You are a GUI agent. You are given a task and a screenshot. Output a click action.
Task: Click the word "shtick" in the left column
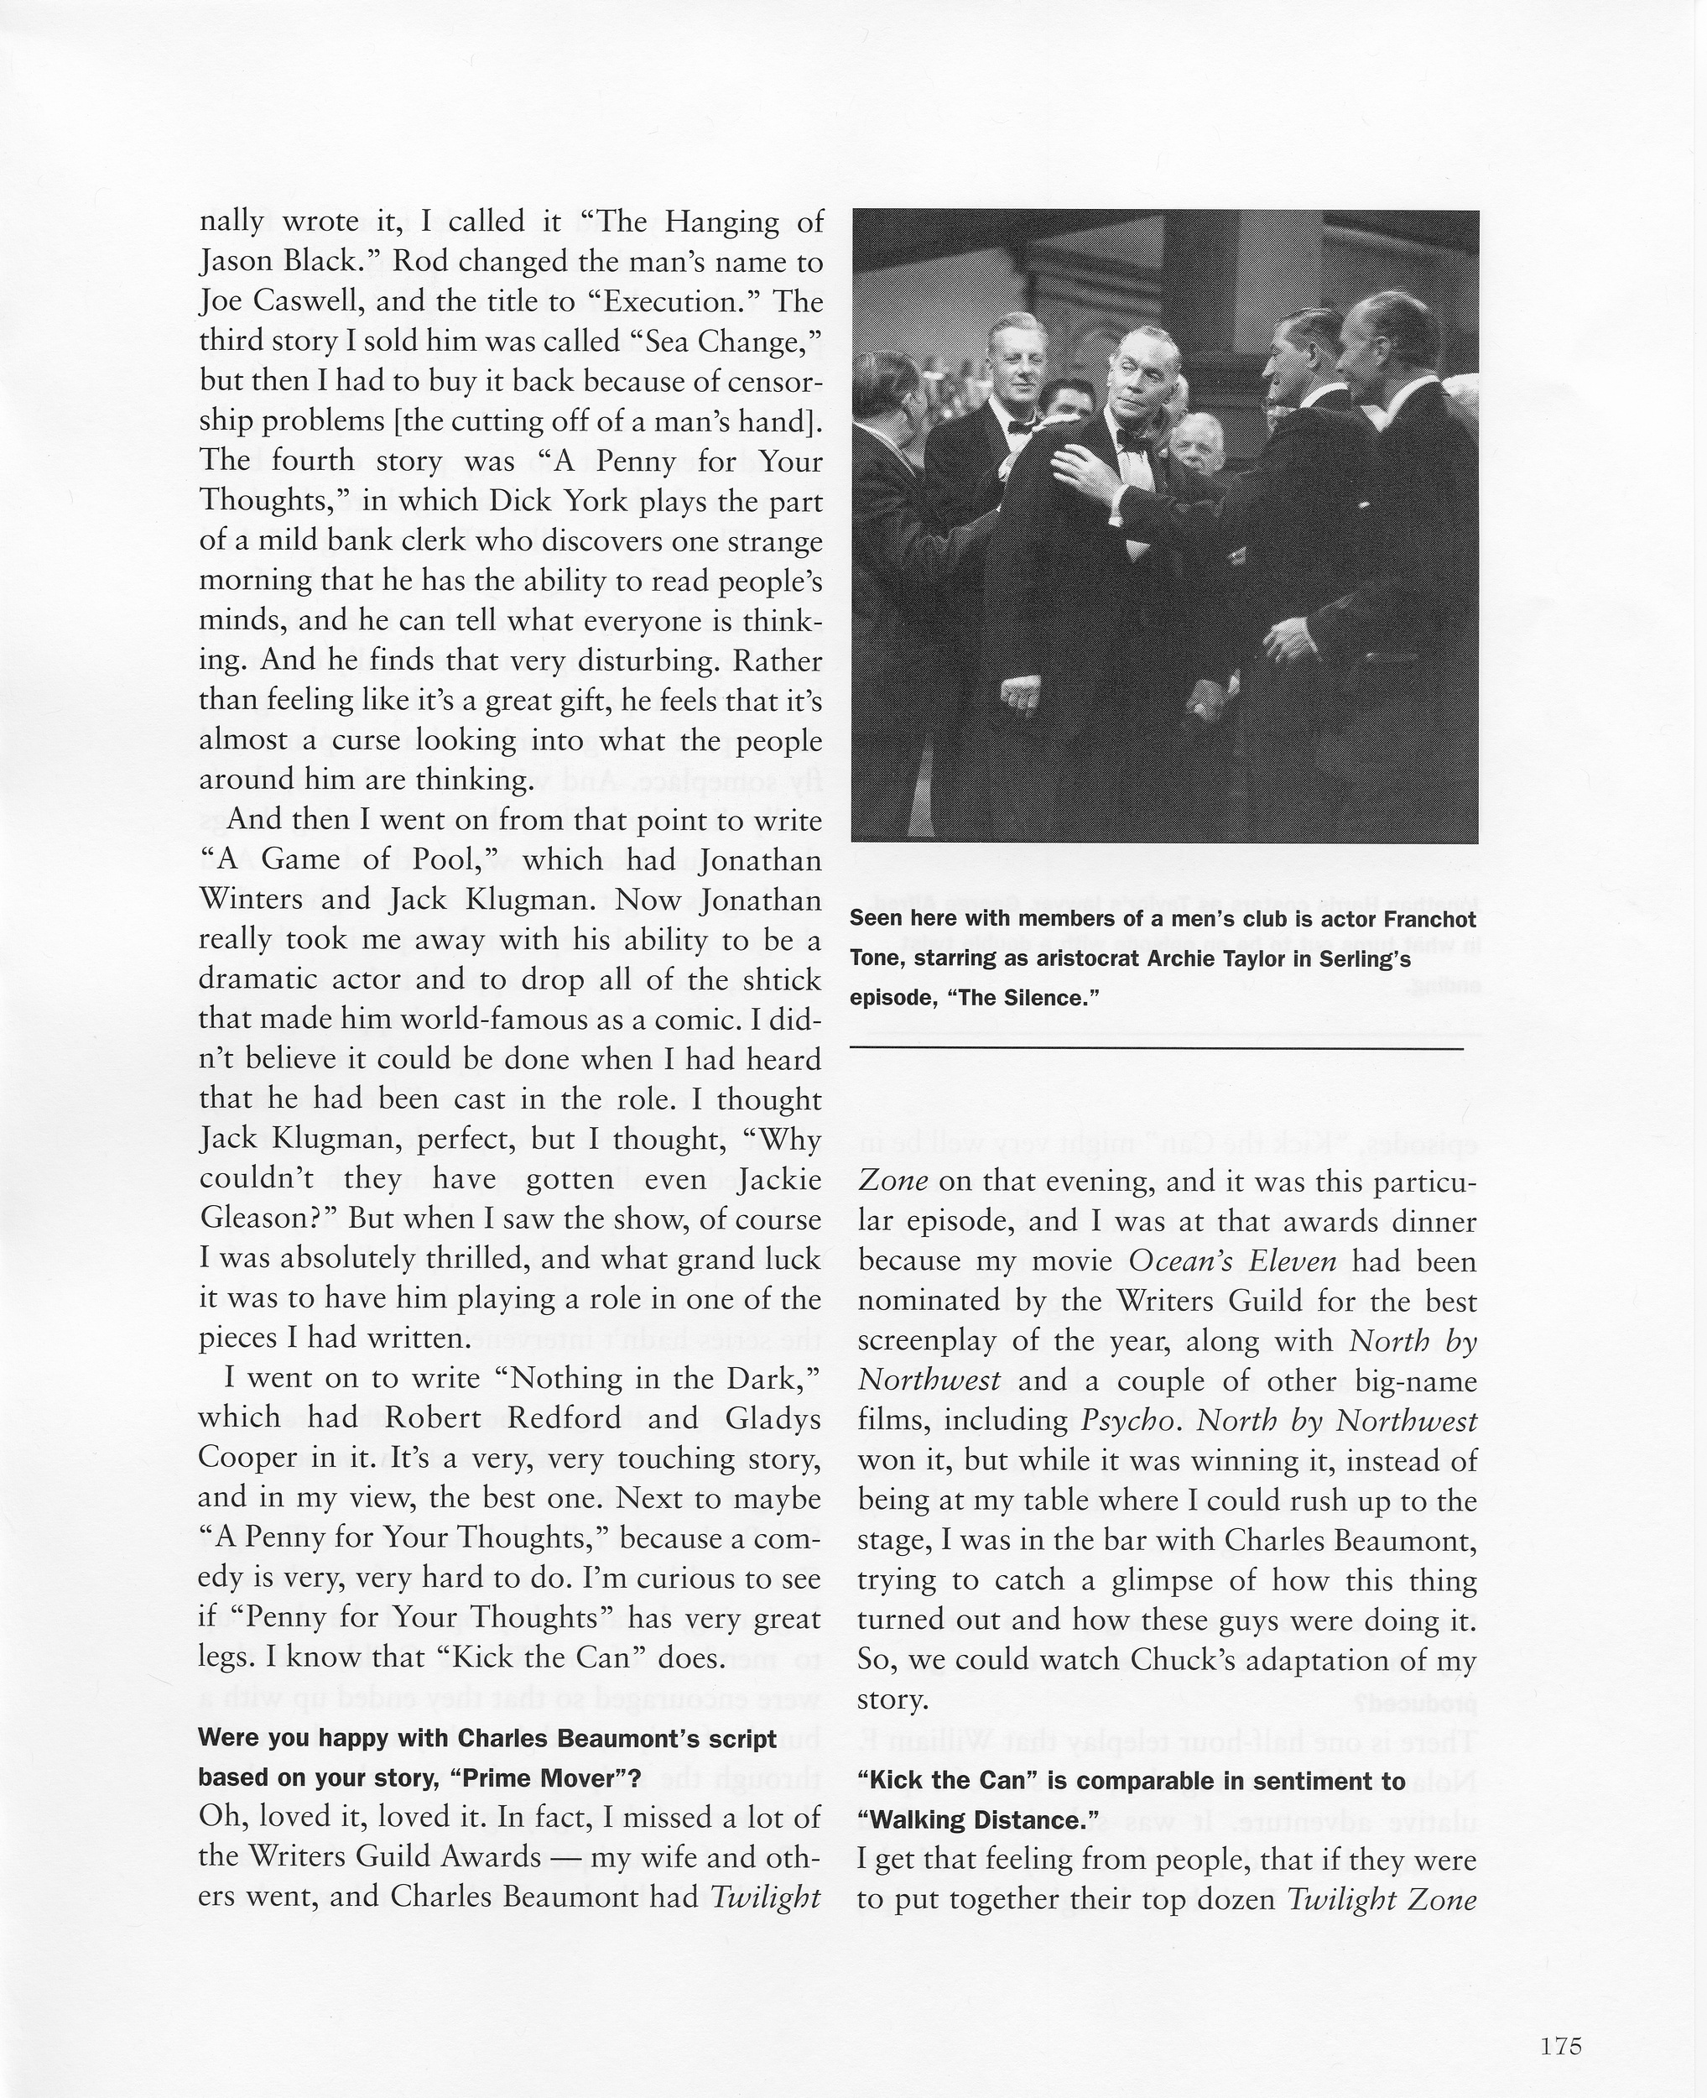click(771, 979)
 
